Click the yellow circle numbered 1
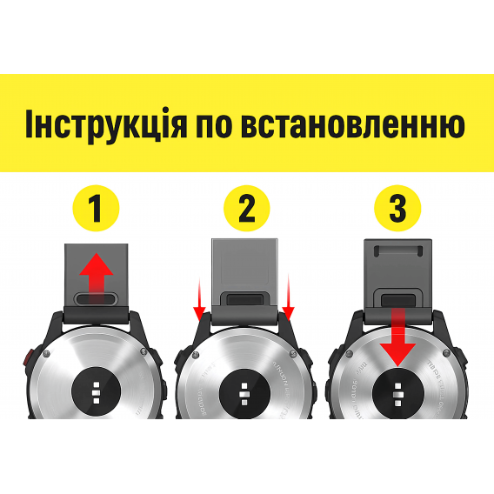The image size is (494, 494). coord(97,209)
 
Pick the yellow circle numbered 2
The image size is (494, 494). coord(247,209)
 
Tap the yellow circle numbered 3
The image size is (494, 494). coord(397,209)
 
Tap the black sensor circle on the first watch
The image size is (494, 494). coord(97,390)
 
